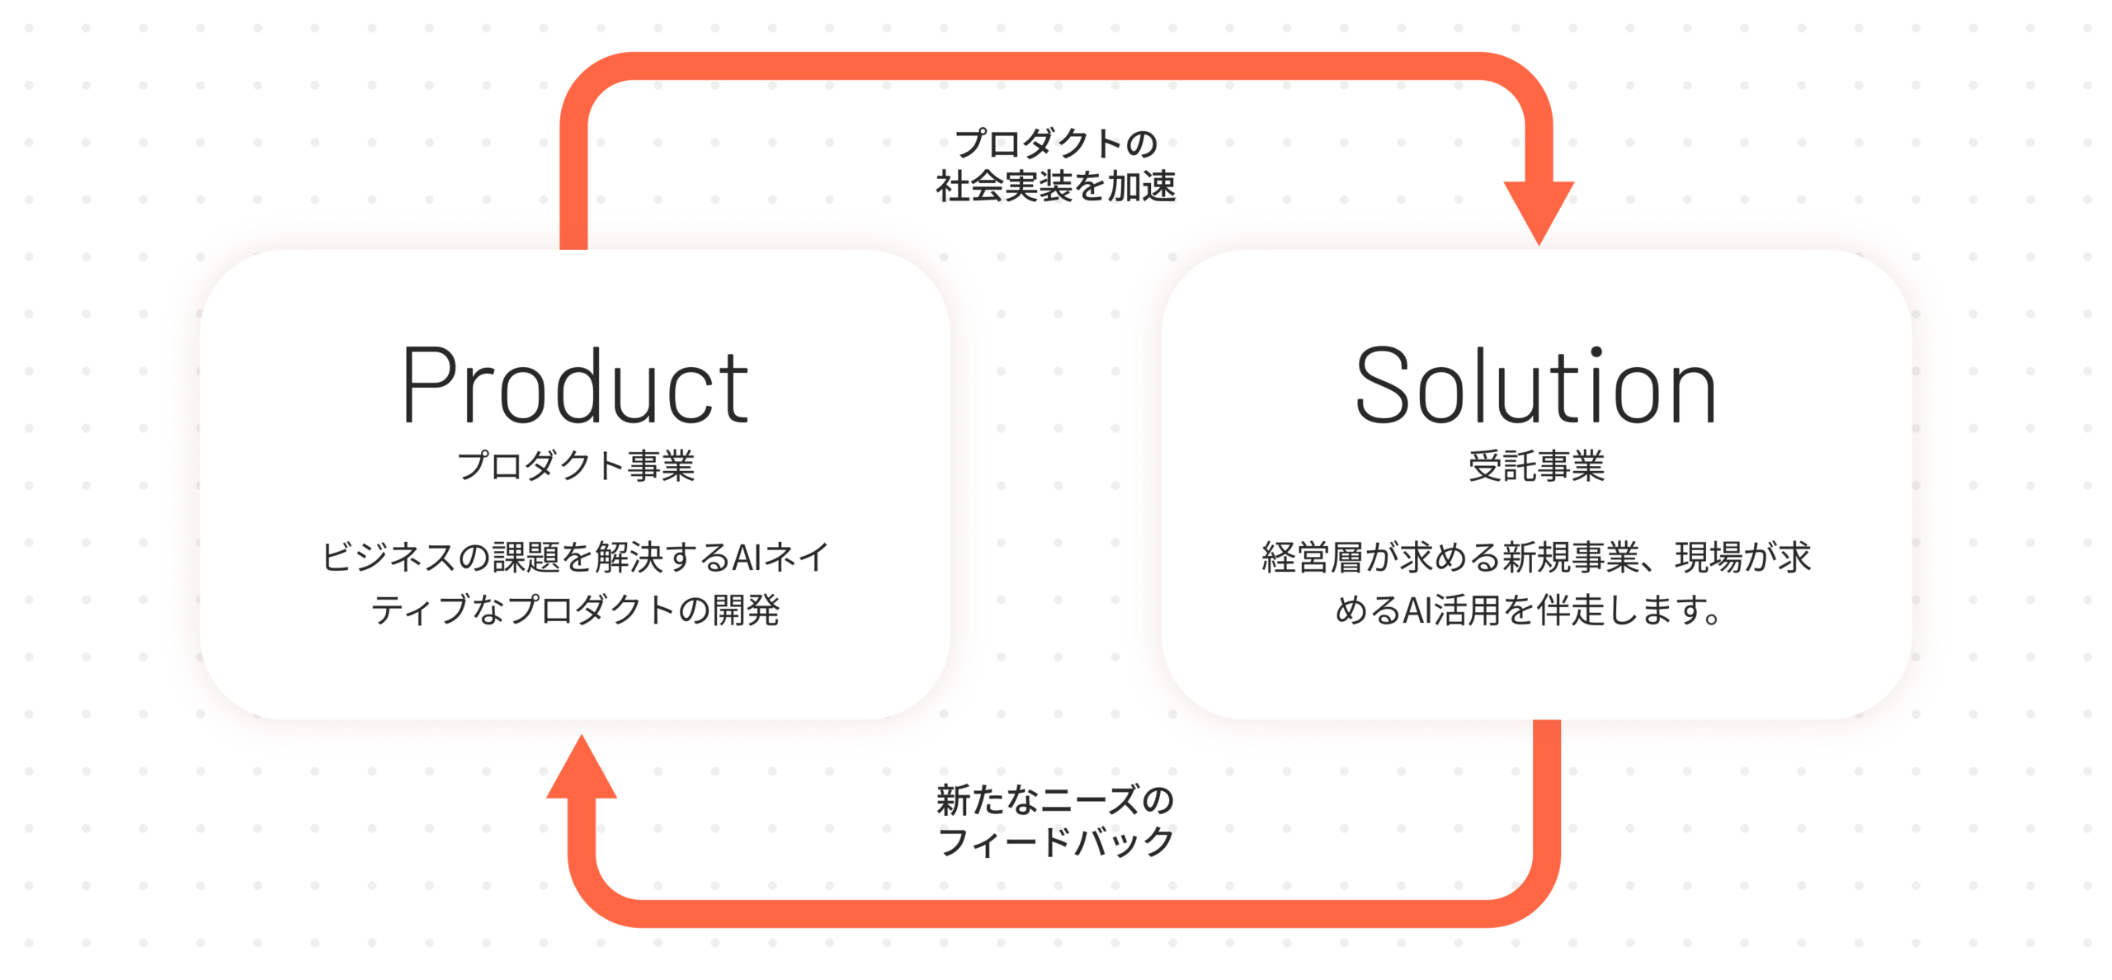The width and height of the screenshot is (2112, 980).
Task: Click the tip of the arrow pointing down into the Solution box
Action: point(1539,245)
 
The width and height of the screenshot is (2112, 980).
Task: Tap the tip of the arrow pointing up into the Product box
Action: point(582,735)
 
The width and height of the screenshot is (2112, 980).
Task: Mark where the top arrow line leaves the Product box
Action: point(573,249)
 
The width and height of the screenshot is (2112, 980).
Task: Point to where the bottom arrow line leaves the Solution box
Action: point(1547,720)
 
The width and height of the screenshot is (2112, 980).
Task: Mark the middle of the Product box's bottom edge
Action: point(575,719)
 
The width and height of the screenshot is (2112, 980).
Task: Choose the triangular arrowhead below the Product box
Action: point(582,766)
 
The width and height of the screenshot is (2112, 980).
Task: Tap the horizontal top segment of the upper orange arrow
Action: point(1056,66)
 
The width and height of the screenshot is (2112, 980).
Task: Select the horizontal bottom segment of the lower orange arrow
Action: point(1064,914)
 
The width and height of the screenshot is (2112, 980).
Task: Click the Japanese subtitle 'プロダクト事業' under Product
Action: point(576,466)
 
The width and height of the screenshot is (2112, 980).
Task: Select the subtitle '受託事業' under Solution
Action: point(1536,466)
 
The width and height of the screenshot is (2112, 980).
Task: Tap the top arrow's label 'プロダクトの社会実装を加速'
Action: point(1056,165)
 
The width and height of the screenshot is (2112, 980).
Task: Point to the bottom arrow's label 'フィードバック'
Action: point(1056,842)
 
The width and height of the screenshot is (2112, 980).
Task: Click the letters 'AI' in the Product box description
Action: point(747,558)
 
